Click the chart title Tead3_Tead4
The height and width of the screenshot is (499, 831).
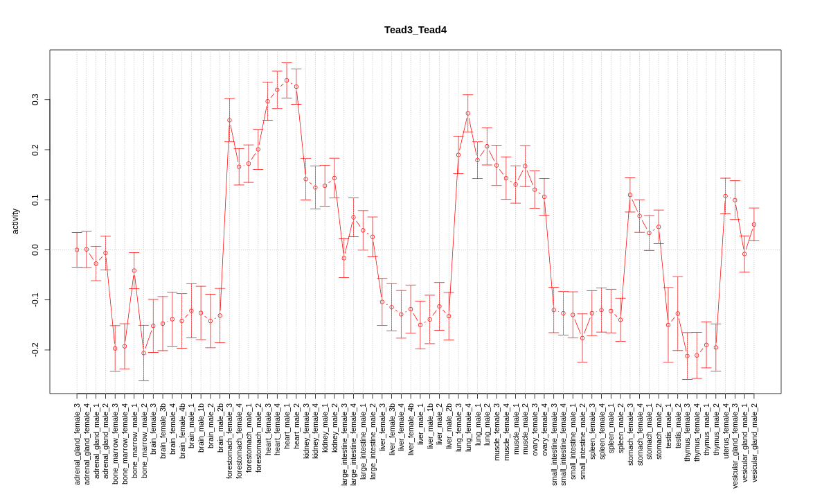[x=415, y=30]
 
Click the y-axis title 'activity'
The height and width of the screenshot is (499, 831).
[x=15, y=221]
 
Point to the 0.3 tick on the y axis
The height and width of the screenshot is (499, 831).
[x=35, y=100]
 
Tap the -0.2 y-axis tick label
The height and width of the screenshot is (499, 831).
[x=35, y=349]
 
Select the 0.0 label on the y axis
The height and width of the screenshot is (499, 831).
[x=35, y=249]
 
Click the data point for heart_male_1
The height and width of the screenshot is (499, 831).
[x=287, y=80]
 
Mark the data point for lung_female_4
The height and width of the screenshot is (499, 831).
[x=468, y=113]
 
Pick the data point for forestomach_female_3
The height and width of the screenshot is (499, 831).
[x=229, y=120]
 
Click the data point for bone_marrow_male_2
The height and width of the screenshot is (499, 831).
[x=144, y=353]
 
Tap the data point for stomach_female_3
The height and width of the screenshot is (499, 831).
[x=630, y=195]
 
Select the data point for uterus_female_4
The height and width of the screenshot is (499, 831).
[x=726, y=196]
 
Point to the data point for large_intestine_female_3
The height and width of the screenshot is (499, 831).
[x=344, y=258]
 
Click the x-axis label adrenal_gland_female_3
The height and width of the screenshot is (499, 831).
[x=77, y=444]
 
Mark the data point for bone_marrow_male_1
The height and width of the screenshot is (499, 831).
[x=134, y=270]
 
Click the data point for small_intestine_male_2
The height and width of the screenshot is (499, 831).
[x=582, y=338]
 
